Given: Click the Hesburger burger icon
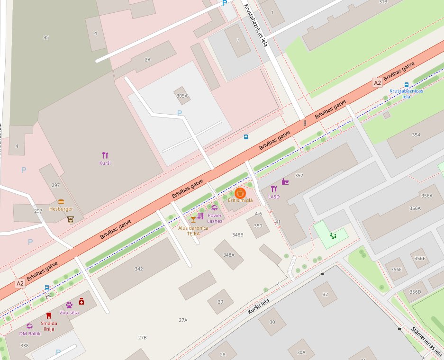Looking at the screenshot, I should coord(61,202).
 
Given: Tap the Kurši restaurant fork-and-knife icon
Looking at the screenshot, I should coord(105,155).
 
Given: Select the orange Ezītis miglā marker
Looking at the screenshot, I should coord(240,193).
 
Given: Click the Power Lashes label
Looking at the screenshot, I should coord(214,218).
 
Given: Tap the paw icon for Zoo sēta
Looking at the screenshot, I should coord(69,305).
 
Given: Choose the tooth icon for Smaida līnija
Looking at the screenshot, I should coord(48,315).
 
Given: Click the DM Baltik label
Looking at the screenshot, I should coord(30,333).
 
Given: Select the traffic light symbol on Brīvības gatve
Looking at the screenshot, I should coord(305,123).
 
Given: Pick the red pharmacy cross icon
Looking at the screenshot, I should coord(82,301).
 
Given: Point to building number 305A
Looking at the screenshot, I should coord(182,96).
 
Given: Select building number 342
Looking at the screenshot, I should coord(138,269).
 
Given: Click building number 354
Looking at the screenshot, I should coord(416,135).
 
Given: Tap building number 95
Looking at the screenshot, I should coord(46,37).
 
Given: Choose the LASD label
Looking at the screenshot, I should coord(274,196).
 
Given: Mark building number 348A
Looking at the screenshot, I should coord(229,255).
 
